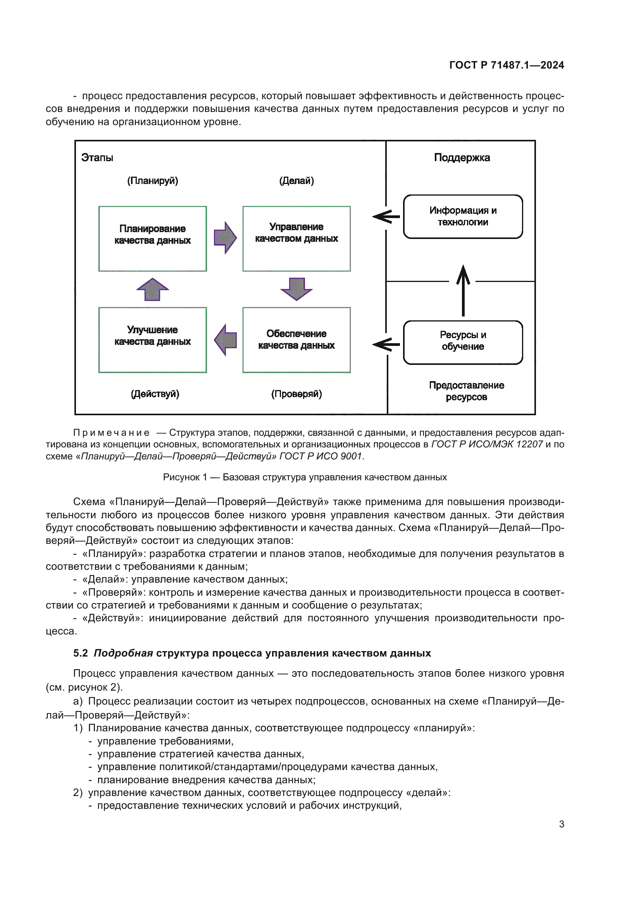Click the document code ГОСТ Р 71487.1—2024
tap(507, 65)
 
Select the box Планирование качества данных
tap(152, 238)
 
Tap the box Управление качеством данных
tap(296, 238)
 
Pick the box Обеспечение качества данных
tap(296, 340)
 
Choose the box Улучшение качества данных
tap(152, 340)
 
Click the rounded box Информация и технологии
tap(463, 217)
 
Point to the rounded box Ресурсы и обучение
tap(463, 342)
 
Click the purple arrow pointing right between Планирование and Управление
tap(225, 237)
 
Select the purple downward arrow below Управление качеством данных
tap(296, 289)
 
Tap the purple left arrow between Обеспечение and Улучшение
tap(226, 340)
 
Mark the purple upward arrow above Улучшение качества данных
tap(152, 289)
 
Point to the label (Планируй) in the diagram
tap(152, 181)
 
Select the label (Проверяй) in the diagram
tap(296, 394)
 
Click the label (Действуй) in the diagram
tap(155, 394)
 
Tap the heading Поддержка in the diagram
tap(462, 157)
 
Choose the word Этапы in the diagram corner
tap(97, 158)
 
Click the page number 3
tap(561, 824)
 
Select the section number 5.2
tap(81, 653)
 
